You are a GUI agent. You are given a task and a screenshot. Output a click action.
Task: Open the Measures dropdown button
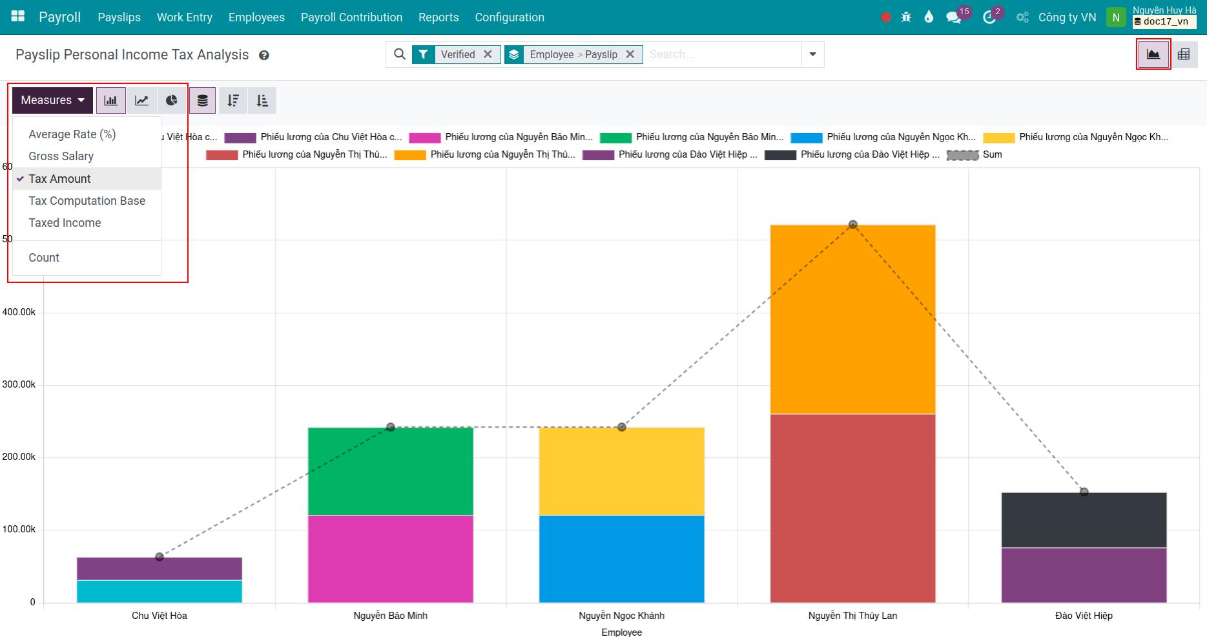coord(52,100)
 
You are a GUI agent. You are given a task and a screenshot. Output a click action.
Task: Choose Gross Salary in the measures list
coord(61,156)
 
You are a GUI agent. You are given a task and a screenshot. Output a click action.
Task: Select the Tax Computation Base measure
coord(87,201)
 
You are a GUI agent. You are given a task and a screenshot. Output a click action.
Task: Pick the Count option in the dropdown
coord(44,258)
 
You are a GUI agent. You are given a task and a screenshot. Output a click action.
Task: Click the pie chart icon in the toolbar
coord(171,100)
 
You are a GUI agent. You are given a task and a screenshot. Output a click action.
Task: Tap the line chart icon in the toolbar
coord(141,100)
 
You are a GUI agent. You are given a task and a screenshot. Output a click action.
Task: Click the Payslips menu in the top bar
coord(119,17)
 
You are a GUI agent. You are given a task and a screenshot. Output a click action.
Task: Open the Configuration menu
coord(510,17)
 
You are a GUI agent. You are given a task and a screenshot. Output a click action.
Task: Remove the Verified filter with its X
coord(488,54)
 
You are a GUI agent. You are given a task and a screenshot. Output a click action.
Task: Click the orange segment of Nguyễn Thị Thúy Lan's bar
coord(852,320)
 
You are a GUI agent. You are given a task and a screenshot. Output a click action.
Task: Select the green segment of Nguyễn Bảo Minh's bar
coord(390,472)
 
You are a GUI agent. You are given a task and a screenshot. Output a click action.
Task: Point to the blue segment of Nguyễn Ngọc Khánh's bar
coord(621,559)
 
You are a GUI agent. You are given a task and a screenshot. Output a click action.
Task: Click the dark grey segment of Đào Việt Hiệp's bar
coord(1084,520)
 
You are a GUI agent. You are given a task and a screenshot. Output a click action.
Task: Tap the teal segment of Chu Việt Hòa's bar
coord(159,591)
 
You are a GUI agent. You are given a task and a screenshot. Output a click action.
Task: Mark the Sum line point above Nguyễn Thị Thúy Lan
coord(852,225)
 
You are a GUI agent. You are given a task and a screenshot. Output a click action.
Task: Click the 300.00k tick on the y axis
coord(19,384)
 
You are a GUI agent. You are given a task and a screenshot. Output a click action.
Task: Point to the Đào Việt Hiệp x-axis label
coord(1084,616)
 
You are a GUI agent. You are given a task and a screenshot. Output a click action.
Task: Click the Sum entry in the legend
coord(992,154)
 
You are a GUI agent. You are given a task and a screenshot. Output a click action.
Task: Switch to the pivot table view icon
coord(1184,54)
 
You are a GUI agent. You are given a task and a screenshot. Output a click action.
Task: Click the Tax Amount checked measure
coord(60,179)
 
